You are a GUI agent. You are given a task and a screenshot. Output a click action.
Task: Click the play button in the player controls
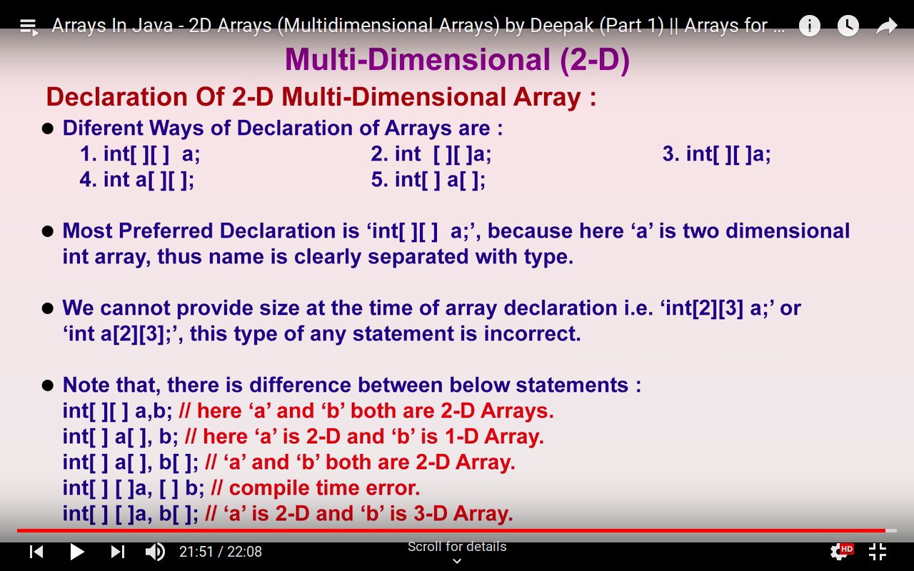point(76,552)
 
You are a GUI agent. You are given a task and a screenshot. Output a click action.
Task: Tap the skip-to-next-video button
point(118,552)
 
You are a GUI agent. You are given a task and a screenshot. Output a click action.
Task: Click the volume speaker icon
point(155,552)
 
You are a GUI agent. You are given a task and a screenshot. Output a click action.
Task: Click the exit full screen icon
point(878,552)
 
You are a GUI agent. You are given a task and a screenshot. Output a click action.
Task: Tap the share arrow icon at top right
point(886,26)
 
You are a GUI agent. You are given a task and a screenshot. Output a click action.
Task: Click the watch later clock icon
point(848,26)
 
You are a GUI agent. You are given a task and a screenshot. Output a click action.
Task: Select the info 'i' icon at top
point(809,26)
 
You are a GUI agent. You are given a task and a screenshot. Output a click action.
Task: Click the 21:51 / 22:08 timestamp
point(221,552)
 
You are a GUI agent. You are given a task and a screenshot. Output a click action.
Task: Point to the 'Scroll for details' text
point(457,547)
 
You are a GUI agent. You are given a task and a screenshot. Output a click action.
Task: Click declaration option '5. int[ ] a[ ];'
point(428,180)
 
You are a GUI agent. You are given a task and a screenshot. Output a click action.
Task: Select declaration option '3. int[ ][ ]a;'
point(716,154)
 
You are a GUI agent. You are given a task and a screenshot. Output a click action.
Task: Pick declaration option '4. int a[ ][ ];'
point(136,180)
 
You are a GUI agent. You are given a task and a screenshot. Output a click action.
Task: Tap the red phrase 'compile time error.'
point(324,488)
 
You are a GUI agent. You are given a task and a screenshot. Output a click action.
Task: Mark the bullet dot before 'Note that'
point(48,385)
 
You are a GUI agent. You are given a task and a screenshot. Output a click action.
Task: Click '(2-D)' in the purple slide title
point(595,60)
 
